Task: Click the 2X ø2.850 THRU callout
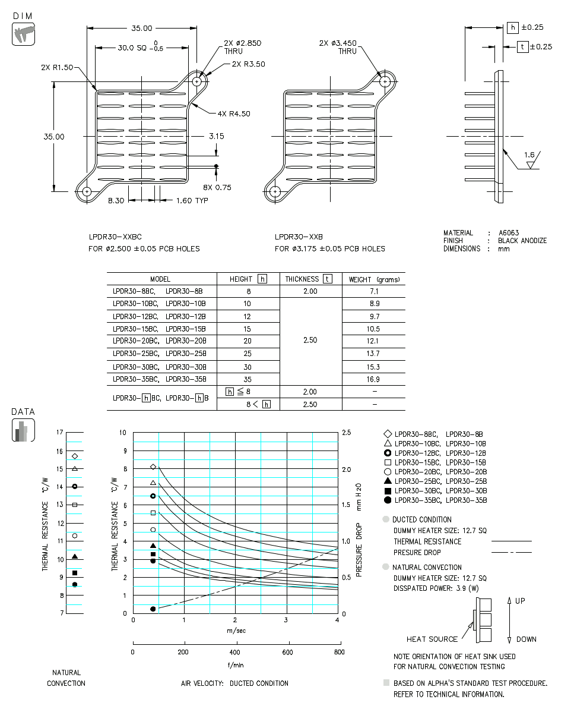[243, 47]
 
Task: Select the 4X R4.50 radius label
[234, 114]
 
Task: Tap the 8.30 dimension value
[116, 201]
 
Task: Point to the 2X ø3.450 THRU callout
[338, 47]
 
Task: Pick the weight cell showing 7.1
[374, 292]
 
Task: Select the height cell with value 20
[248, 341]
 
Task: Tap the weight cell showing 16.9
[373, 380]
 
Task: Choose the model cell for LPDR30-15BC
[135, 329]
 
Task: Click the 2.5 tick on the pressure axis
[347, 433]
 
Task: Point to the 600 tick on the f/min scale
[287, 653]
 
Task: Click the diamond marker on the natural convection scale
[75, 456]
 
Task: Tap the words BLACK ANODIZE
[522, 241]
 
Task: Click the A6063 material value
[509, 233]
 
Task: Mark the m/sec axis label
[236, 631]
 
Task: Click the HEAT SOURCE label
[432, 639]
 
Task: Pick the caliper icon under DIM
[23, 34]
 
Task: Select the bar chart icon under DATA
[23, 430]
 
